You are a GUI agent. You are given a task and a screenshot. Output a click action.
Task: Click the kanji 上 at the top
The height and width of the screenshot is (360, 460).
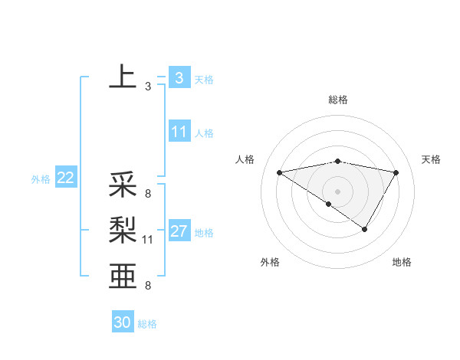(x=123, y=77)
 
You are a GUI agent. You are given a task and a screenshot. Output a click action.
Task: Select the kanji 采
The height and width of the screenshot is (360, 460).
(x=123, y=185)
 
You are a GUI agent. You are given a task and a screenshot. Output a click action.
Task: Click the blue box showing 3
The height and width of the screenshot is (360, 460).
(x=179, y=77)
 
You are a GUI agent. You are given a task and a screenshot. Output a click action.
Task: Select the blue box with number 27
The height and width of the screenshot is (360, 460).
(x=179, y=231)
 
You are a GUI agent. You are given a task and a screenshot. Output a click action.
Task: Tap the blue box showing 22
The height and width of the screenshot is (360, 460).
(x=65, y=178)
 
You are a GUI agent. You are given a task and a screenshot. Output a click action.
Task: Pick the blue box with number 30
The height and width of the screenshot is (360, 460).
(x=123, y=322)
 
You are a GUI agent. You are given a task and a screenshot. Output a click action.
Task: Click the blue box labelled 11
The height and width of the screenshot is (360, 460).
(x=179, y=132)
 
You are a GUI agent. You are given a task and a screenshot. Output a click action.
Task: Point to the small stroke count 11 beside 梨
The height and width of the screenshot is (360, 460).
(x=148, y=240)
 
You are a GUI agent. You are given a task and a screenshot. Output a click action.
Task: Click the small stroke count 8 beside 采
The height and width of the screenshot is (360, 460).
(x=147, y=194)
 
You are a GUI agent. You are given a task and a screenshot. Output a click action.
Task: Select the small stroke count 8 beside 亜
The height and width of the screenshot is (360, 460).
(x=147, y=286)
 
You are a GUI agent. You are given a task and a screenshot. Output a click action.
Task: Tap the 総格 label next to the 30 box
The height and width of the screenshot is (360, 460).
(x=147, y=324)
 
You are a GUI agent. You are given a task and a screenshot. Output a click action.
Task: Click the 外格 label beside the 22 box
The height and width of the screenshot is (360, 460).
(x=41, y=179)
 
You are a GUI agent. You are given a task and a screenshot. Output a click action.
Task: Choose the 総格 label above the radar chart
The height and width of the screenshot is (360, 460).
(x=338, y=100)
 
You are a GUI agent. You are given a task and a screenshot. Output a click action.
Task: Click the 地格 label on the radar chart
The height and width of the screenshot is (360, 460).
(x=402, y=263)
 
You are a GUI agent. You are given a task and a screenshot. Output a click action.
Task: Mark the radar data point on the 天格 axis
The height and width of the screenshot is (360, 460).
(x=396, y=172)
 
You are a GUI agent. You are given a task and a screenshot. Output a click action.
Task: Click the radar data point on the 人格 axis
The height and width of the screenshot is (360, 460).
(x=279, y=172)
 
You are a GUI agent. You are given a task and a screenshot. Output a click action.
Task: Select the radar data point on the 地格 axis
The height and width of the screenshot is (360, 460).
(x=365, y=228)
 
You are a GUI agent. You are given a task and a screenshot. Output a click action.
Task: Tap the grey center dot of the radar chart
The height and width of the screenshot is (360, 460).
(x=337, y=191)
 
